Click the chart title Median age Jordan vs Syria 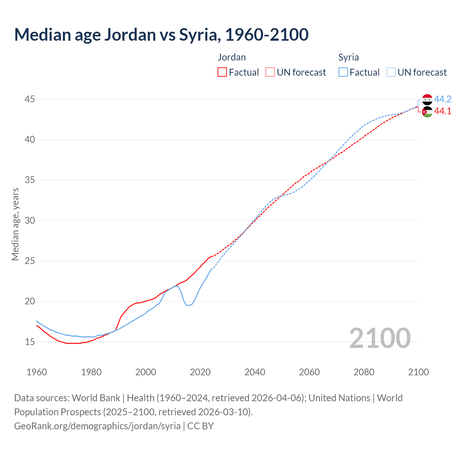click(x=161, y=35)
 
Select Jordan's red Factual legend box click(x=222, y=72)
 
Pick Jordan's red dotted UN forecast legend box click(x=270, y=72)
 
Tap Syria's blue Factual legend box click(x=343, y=72)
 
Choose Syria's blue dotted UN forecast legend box click(x=391, y=72)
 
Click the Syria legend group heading click(x=348, y=57)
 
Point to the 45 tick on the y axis click(x=30, y=99)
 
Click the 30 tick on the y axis click(x=30, y=220)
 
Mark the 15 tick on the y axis click(x=30, y=341)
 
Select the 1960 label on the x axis click(x=37, y=372)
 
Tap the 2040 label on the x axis click(x=255, y=372)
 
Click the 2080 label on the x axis click(x=364, y=372)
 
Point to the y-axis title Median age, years click(x=15, y=224)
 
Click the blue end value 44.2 click(x=443, y=99)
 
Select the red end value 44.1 click(x=443, y=111)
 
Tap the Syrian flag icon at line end click(x=427, y=99)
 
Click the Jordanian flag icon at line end click(x=427, y=112)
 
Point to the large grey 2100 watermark click(x=380, y=338)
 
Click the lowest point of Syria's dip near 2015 click(x=188, y=305)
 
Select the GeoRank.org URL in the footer click(x=97, y=426)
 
